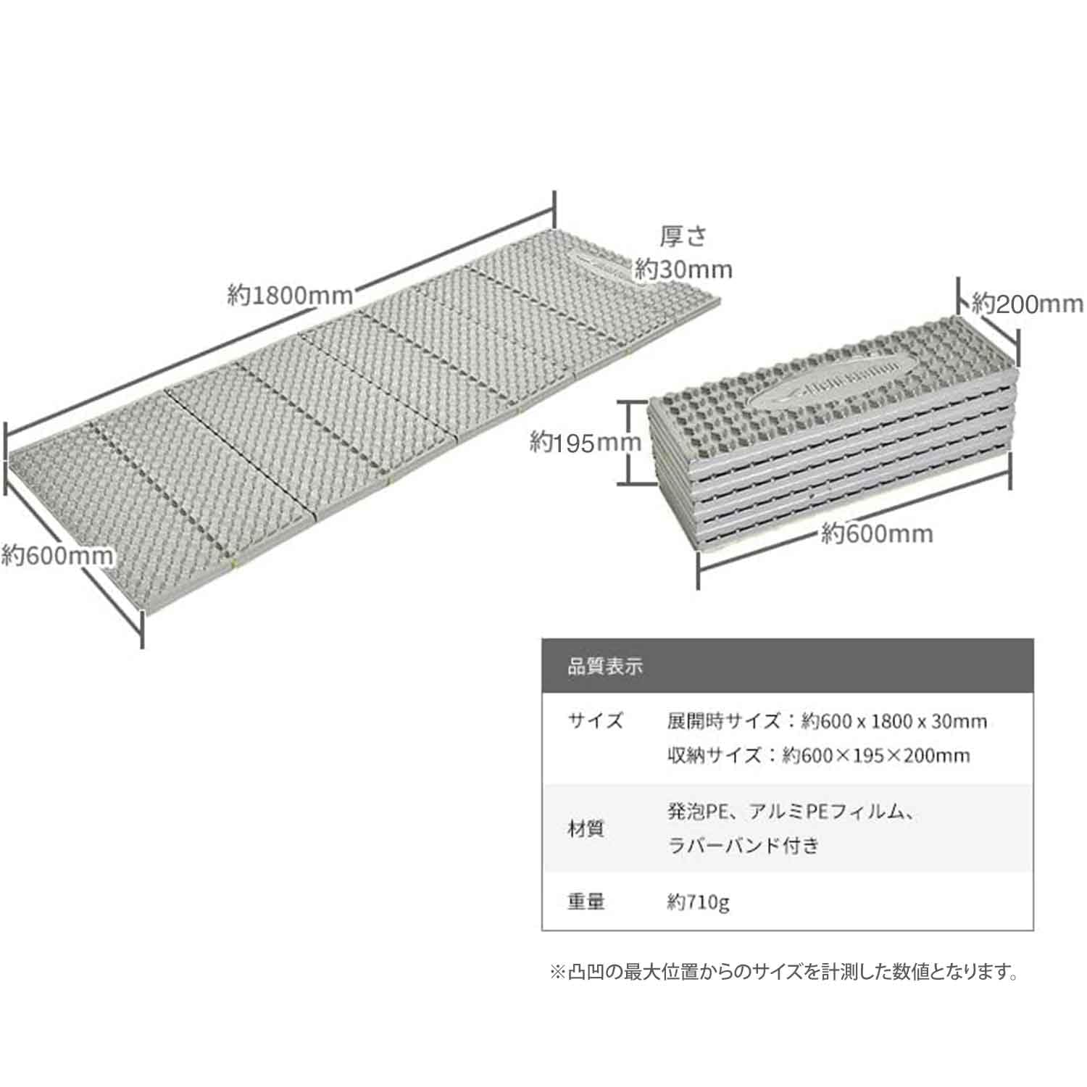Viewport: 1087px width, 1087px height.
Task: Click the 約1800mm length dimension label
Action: tap(290, 295)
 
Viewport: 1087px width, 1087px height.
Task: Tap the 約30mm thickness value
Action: tap(683, 270)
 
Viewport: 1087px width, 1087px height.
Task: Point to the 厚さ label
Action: tap(682, 236)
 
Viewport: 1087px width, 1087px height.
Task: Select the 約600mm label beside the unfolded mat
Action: tap(57, 556)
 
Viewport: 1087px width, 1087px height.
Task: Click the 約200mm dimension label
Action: tap(1027, 303)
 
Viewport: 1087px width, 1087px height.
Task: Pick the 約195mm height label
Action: tap(586, 441)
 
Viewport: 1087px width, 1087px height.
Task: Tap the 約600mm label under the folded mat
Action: tap(877, 534)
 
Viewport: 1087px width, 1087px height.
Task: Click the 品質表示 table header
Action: tap(605, 667)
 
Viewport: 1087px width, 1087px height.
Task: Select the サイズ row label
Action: tap(595, 721)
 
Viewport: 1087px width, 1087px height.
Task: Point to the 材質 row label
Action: tap(586, 828)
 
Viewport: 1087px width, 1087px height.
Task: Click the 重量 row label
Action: tap(586, 901)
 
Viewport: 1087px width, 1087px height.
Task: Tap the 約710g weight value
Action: tap(698, 902)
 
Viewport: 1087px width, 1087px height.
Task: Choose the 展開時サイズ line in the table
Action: tap(827, 721)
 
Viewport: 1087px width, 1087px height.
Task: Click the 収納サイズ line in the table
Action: tap(818, 755)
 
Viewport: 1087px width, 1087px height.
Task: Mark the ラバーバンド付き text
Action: tap(743, 845)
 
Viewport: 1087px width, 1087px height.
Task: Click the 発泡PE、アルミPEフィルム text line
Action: tap(793, 812)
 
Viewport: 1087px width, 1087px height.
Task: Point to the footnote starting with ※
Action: tap(784, 972)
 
